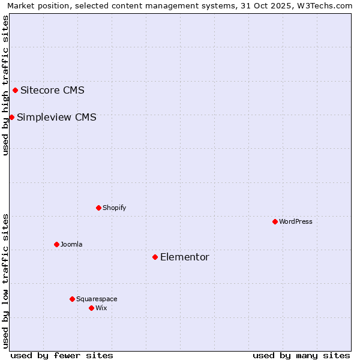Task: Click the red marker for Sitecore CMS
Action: (15, 91)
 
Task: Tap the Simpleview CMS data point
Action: (11, 117)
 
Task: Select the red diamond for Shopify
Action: (98, 208)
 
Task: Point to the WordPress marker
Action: (275, 221)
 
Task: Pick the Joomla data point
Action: (56, 244)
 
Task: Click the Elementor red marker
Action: (155, 257)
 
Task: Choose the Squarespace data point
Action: (72, 299)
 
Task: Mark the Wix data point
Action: (91, 308)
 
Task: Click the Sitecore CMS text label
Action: (52, 91)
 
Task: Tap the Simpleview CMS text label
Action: (56, 117)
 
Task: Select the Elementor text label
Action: (184, 257)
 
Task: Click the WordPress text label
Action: (296, 221)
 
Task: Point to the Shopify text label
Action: (114, 208)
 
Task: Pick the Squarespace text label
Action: (97, 299)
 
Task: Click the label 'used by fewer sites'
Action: (62, 355)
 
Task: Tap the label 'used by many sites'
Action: (301, 355)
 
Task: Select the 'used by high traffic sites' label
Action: (5, 85)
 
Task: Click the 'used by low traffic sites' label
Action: (5, 280)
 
